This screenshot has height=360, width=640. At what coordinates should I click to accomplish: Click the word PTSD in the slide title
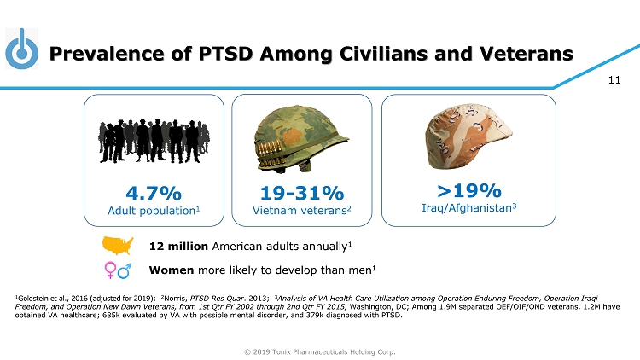(x=224, y=54)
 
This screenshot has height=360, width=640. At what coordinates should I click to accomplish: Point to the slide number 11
(x=614, y=81)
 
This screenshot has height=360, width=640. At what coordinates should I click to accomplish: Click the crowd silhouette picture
(x=154, y=136)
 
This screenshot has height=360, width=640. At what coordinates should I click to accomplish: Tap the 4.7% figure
(x=154, y=192)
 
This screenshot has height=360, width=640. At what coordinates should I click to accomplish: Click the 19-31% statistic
(x=301, y=192)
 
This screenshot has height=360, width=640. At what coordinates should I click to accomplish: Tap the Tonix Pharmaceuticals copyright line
(x=320, y=351)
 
